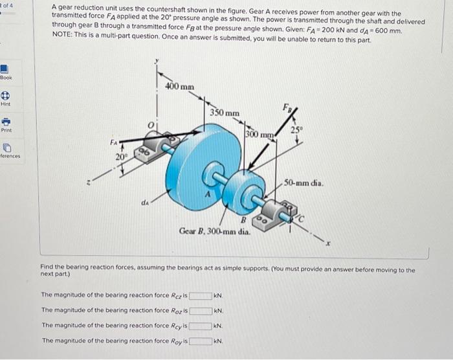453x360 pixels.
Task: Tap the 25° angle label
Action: point(297,129)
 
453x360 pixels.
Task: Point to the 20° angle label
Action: point(121,157)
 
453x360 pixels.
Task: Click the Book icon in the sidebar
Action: point(6,69)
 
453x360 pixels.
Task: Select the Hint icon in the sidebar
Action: point(6,96)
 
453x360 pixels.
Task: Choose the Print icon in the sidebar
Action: point(6,123)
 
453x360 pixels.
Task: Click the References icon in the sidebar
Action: point(6,149)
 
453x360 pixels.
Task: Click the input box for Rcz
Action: point(200,296)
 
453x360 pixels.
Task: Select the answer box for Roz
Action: point(200,311)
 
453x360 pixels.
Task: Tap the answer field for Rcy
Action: point(200,326)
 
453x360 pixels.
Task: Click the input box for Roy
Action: point(200,341)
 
